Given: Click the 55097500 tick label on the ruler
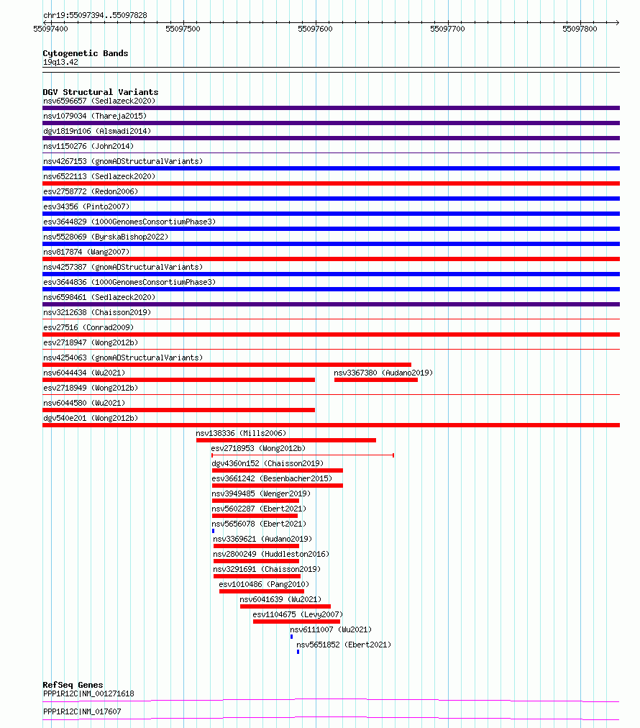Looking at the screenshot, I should pyautogui.click(x=183, y=29).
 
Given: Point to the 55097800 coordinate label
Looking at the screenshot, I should pyautogui.click(x=580, y=29).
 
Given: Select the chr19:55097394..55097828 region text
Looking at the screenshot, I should pyautogui.click(x=95, y=15).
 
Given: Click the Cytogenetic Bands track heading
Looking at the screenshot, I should pyautogui.click(x=85, y=53).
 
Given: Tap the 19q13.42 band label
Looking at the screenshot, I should pyautogui.click(x=60, y=62).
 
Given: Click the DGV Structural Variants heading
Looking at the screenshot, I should pyautogui.click(x=100, y=92).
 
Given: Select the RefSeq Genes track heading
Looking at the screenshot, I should pyautogui.click(x=73, y=685).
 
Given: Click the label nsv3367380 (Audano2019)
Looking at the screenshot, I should pyautogui.click(x=383, y=373).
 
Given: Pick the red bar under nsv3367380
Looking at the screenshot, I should pyautogui.click(x=375, y=380).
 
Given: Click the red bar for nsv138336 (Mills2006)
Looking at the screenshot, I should pyautogui.click(x=285, y=440).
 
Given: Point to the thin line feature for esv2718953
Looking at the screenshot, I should pyautogui.click(x=302, y=455).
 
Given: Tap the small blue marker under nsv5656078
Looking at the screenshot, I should pyautogui.click(x=213, y=531).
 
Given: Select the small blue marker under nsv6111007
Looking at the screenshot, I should pyautogui.click(x=291, y=637).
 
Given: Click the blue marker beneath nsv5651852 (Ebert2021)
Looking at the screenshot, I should pyautogui.click(x=298, y=652).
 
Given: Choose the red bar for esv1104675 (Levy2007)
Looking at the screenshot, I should pyautogui.click(x=296, y=622).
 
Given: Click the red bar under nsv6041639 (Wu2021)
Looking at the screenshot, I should pyautogui.click(x=285, y=606).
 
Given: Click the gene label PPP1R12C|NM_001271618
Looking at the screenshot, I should pyautogui.click(x=88, y=694).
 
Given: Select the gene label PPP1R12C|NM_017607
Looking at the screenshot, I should pyautogui.click(x=82, y=711).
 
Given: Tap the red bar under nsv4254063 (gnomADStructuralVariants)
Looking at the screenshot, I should pyautogui.click(x=227, y=365).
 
